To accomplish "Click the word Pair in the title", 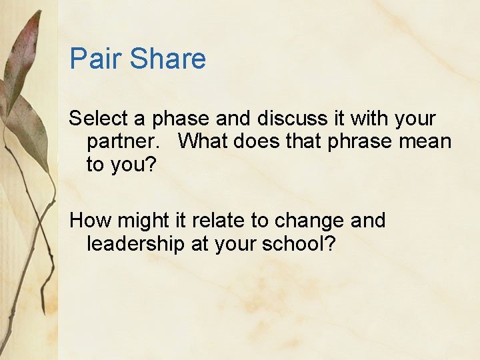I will (97, 59).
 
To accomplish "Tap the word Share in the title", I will (168, 59).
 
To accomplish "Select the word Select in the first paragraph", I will (99, 119).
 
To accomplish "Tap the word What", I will (203, 141).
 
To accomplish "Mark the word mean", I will (426, 141).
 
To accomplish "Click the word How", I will (90, 220).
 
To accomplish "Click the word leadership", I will (135, 244).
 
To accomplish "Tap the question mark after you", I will (149, 165).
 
